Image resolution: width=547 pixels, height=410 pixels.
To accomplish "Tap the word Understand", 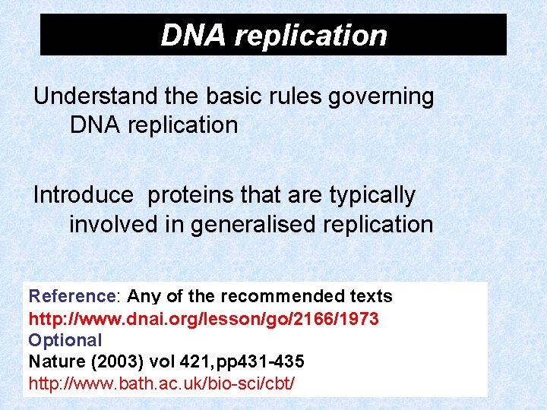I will click(x=95, y=96).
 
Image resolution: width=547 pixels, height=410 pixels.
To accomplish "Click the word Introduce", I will click(x=83, y=195).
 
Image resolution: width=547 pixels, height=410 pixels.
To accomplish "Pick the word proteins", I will click(x=190, y=195).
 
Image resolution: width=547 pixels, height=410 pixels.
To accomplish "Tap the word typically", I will click(x=372, y=195).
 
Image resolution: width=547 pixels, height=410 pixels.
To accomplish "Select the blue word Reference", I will click(x=71, y=296).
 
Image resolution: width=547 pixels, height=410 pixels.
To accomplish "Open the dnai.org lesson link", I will click(x=204, y=318).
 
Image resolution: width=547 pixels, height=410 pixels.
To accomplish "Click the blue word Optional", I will click(x=65, y=340).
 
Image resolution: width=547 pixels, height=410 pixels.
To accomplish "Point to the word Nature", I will click(x=55, y=362).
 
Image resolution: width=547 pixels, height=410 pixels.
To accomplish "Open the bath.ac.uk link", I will click(x=161, y=383).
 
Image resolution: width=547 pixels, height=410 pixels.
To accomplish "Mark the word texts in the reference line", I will click(x=369, y=296).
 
